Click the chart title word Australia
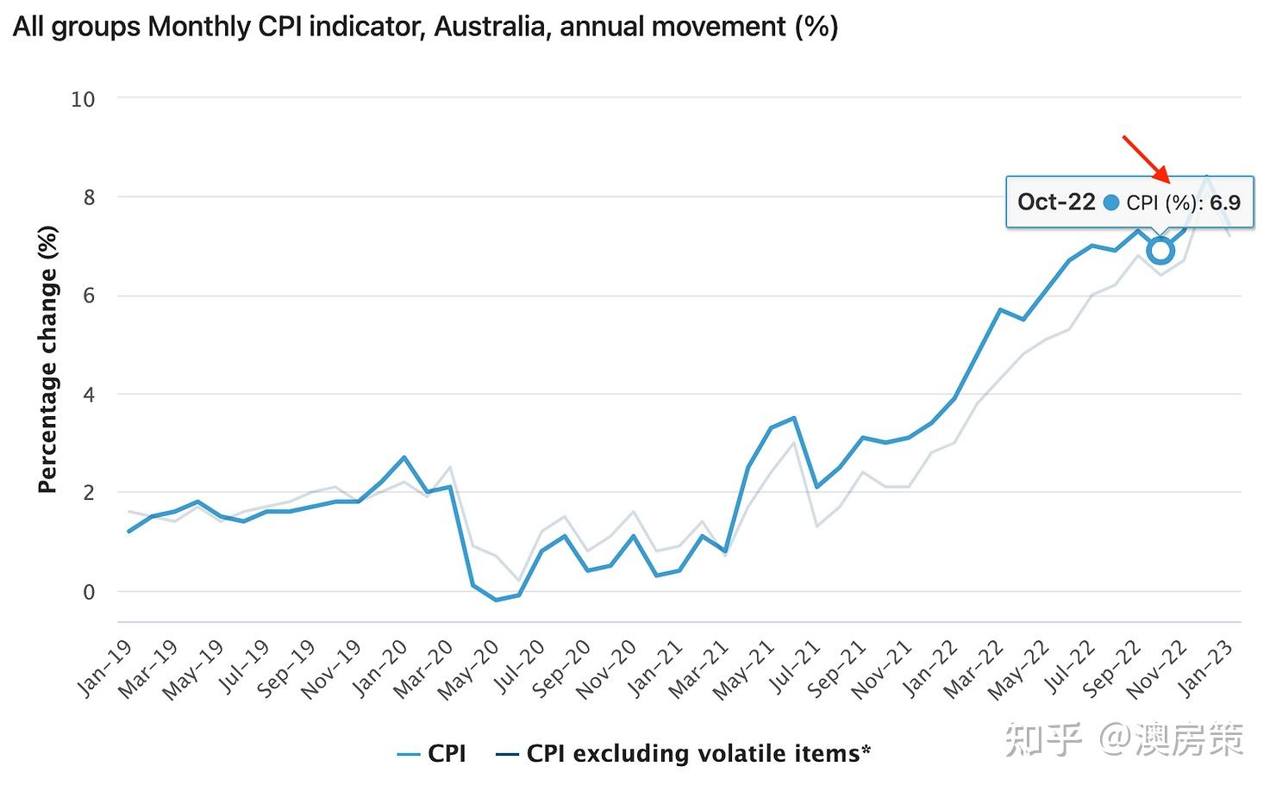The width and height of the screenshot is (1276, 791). (490, 27)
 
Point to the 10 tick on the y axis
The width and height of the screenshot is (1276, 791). (83, 99)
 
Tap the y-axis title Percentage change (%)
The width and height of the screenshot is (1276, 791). (47, 359)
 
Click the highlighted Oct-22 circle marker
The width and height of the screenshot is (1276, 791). (1160, 251)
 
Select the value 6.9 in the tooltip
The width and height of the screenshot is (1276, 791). (1224, 202)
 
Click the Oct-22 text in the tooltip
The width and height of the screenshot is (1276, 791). (1055, 202)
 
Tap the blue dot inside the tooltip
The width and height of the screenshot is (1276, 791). (1110, 202)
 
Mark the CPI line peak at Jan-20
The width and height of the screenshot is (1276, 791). (403, 458)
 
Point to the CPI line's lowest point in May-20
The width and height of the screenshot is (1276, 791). (496, 600)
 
